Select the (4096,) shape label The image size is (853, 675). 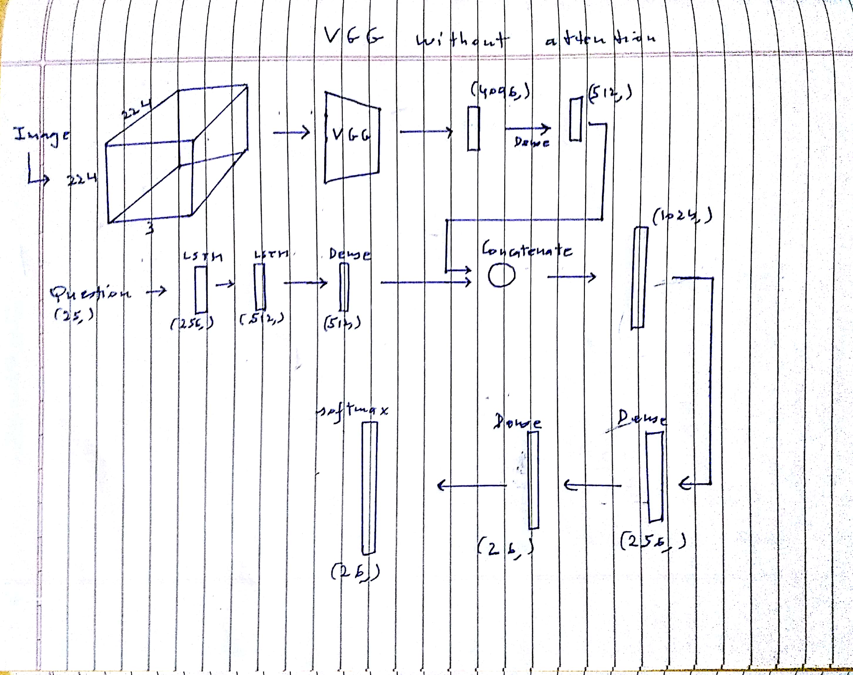click(500, 91)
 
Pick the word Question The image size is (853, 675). click(90, 293)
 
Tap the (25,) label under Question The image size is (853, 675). click(74, 315)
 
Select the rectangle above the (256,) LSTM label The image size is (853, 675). click(201, 290)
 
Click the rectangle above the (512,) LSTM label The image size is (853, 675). click(259, 287)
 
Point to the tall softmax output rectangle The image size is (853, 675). click(369, 488)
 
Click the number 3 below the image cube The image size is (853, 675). click(149, 228)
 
